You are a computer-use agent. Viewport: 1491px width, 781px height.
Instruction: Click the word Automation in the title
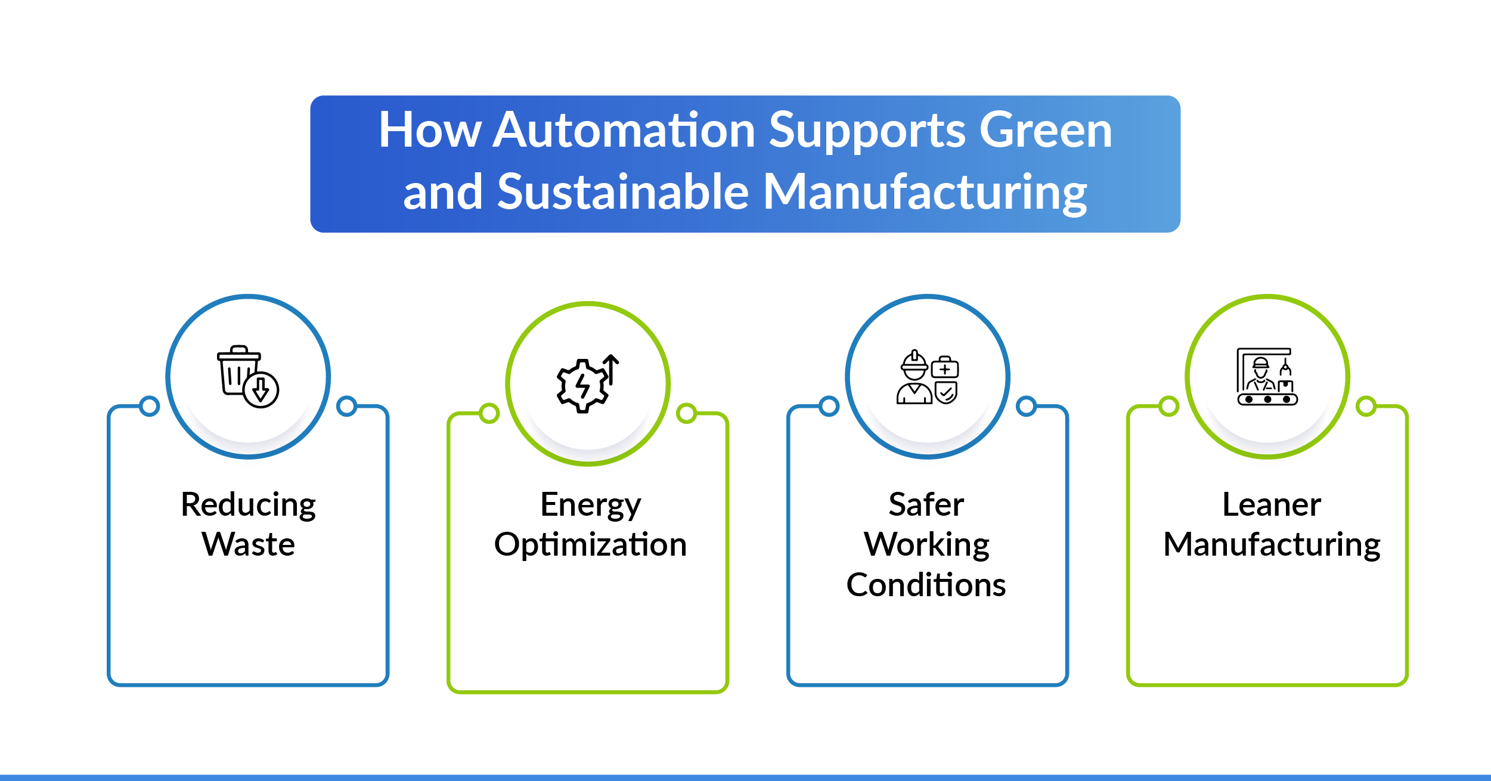point(624,130)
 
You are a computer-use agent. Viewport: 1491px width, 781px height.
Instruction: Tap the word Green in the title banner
point(1045,130)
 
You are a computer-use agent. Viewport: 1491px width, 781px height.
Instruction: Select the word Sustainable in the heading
point(623,192)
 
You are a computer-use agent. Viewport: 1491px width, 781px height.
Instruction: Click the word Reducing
point(248,506)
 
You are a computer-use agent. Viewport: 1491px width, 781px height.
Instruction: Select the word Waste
point(248,544)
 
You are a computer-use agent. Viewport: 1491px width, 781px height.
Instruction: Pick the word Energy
point(590,506)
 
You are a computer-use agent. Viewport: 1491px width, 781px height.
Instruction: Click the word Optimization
point(590,544)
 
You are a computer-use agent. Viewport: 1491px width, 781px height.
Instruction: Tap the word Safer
point(926,504)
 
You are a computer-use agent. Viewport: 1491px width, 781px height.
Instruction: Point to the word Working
point(926,544)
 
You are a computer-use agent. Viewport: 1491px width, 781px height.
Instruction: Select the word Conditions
point(926,584)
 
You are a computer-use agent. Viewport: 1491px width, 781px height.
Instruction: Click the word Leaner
point(1272,504)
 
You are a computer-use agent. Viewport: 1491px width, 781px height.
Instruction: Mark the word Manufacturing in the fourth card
point(1272,544)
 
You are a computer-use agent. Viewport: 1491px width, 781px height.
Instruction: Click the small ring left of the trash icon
point(150,407)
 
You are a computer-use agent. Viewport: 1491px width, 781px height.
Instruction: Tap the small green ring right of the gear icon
point(687,413)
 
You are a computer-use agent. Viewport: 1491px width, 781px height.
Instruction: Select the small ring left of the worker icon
point(829,407)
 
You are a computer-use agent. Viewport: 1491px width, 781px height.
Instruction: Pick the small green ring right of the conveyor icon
point(1366,407)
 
